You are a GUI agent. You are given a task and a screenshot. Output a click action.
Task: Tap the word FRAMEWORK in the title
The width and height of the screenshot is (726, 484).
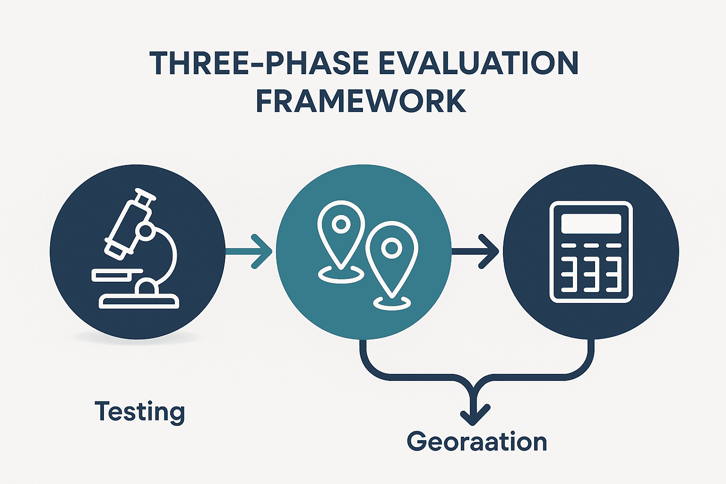pyautogui.click(x=361, y=100)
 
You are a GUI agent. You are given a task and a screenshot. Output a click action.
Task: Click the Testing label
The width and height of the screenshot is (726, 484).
pyautogui.click(x=139, y=412)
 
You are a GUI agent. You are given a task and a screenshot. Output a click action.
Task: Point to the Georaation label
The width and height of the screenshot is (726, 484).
pyautogui.click(x=476, y=442)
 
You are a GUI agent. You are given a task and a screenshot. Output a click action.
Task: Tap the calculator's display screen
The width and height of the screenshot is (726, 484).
pyautogui.click(x=591, y=223)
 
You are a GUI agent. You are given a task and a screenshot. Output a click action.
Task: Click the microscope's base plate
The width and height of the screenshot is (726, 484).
pyautogui.click(x=139, y=301)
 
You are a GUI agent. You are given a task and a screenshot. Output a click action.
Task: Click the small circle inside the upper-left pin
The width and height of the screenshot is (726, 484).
pyautogui.click(x=340, y=223)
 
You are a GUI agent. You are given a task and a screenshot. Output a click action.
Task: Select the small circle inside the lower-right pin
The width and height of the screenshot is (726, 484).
pyautogui.click(x=391, y=248)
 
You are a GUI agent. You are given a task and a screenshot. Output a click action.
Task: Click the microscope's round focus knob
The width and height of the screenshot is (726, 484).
pyautogui.click(x=145, y=231)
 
